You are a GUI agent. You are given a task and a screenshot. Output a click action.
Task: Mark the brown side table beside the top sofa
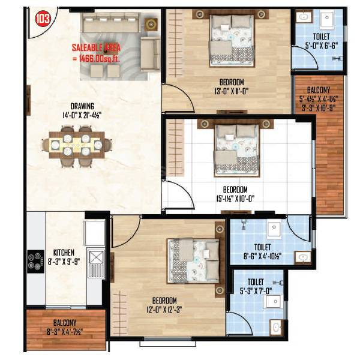pos(150,24)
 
